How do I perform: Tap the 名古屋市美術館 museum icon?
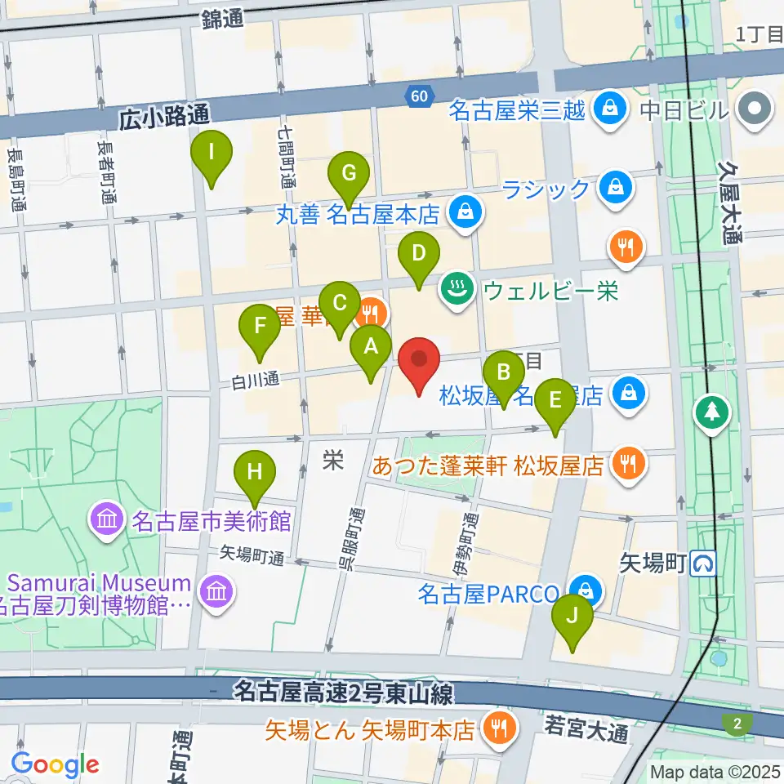pyautogui.click(x=108, y=519)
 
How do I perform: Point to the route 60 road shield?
pyautogui.click(x=420, y=96)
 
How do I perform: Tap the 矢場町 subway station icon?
pyautogui.click(x=703, y=562)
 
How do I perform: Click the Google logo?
pyautogui.click(x=55, y=764)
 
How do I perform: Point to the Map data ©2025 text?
pyautogui.click(x=715, y=771)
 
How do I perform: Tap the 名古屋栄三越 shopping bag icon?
pyautogui.click(x=608, y=109)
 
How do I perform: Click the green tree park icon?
pyautogui.click(x=713, y=412)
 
